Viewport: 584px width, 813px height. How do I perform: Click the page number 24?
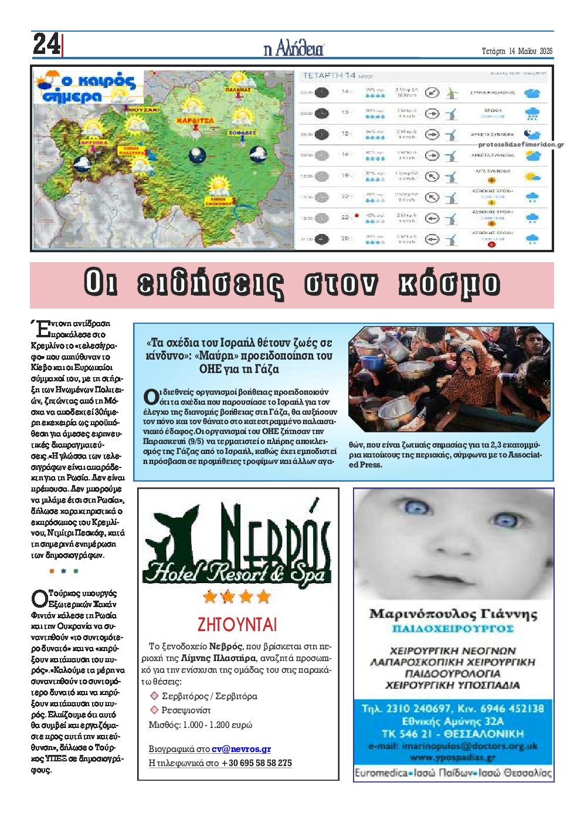[46, 45]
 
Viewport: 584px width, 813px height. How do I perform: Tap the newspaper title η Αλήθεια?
[293, 49]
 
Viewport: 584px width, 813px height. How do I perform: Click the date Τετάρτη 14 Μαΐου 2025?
[517, 51]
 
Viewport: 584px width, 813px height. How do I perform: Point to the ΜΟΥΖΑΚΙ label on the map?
[144, 110]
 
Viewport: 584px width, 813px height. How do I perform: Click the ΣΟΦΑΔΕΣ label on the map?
[242, 133]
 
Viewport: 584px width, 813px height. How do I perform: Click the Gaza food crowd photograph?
[449, 379]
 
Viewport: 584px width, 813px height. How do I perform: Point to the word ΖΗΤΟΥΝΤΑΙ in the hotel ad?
[237, 624]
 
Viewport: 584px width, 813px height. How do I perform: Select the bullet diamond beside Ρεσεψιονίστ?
[155, 710]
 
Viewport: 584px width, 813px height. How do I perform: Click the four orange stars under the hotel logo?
[237, 597]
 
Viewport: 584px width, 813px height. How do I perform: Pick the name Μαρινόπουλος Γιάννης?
[453, 614]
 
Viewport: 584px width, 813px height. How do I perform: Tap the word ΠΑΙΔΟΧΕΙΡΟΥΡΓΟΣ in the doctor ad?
[453, 629]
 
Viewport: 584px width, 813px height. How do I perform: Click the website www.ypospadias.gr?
[453, 757]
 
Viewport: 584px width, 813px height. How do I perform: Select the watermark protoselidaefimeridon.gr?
[521, 144]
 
